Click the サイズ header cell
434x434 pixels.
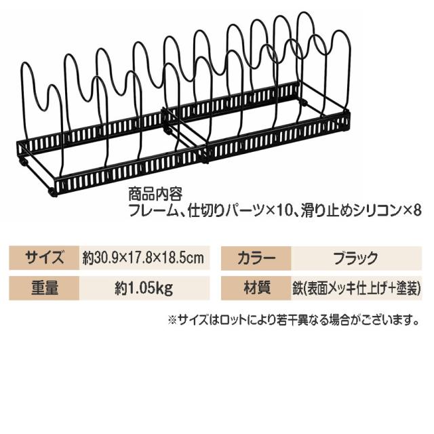[x=44, y=258]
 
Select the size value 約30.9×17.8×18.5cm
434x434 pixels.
[x=143, y=258]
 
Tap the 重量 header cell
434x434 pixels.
[x=44, y=288]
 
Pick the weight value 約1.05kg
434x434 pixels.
[x=144, y=288]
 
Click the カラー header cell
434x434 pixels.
[x=256, y=258]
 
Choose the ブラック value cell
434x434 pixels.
[x=357, y=258]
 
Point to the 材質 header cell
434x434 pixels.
[x=256, y=288]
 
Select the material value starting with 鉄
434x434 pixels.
[x=357, y=288]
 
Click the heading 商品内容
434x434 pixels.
[x=155, y=195]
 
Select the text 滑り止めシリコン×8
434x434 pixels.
[x=361, y=212]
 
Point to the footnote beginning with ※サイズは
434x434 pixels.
[x=294, y=320]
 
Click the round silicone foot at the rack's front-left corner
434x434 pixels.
[x=53, y=193]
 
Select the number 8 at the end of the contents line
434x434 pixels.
[x=417, y=212]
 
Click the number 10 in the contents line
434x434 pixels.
[x=283, y=212]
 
